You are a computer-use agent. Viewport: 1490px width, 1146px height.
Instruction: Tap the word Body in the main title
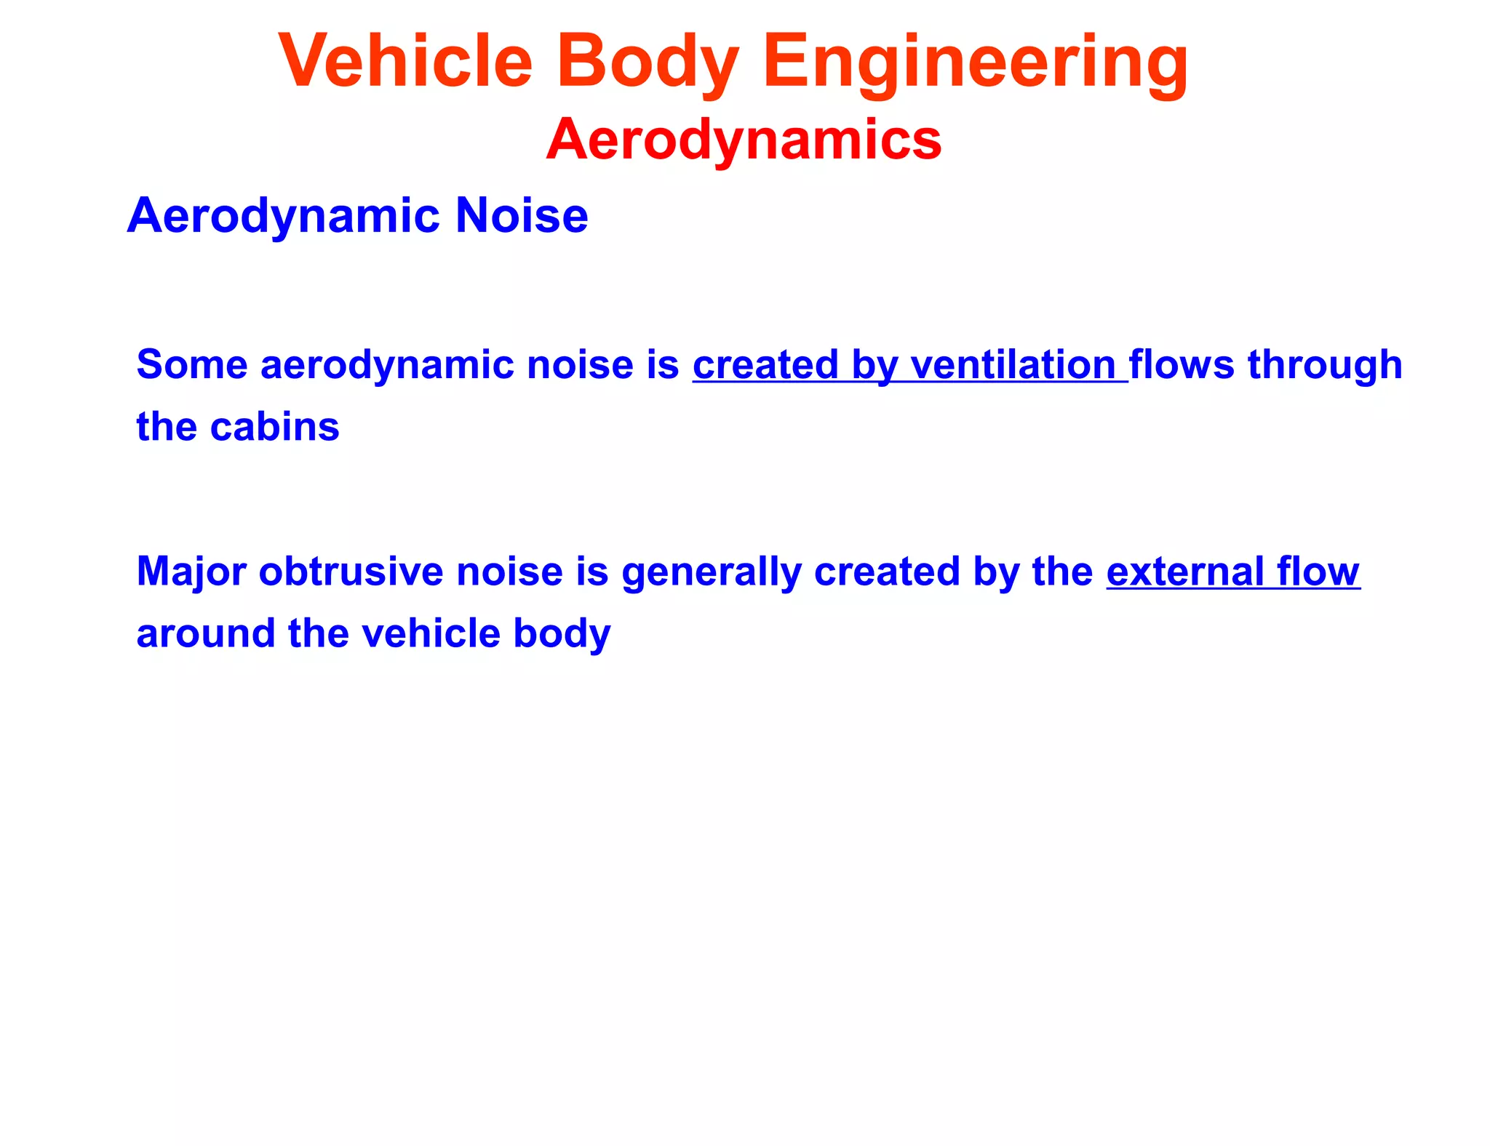648,63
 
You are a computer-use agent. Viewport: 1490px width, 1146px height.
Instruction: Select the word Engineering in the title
975,63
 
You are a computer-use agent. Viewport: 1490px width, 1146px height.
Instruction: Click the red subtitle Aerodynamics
744,139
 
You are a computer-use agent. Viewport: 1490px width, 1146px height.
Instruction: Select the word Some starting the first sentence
191,364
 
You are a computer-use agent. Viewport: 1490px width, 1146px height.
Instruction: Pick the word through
1325,366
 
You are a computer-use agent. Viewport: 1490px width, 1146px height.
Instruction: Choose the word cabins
274,427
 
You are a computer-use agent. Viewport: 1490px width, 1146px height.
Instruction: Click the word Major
191,572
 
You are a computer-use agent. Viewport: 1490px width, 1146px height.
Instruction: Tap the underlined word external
1185,572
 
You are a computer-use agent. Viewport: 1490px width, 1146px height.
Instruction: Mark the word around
205,634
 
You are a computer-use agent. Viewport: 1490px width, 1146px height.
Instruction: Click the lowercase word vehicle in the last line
430,634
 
